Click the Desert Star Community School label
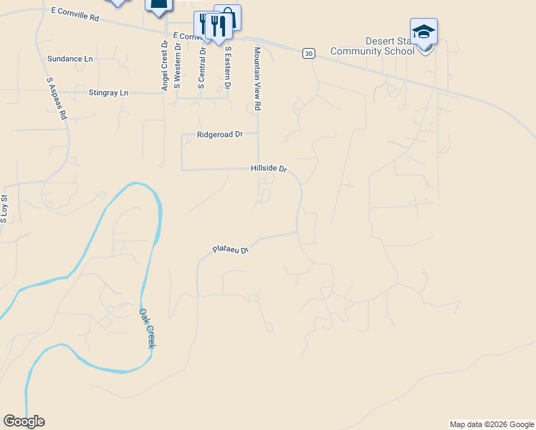coord(372,46)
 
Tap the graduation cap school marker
coord(423,32)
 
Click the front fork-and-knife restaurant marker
coord(218,27)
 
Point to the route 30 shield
coord(308,54)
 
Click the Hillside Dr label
coord(269,168)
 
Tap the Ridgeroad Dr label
coord(221,134)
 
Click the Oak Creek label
coord(147,329)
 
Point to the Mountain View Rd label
coord(258,79)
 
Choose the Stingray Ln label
coord(108,92)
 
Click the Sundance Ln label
coord(70,59)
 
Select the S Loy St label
coord(4,208)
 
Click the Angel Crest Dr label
coord(165,65)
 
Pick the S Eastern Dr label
coord(228,68)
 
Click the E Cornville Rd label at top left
coord(75,14)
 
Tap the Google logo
coord(24,421)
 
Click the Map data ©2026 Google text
coord(491,424)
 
